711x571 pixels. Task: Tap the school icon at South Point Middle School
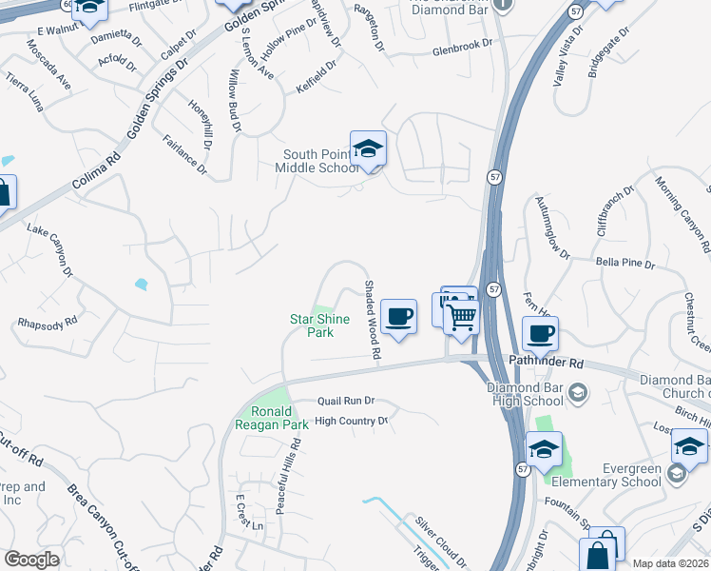click(x=368, y=149)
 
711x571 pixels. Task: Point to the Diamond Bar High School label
click(x=525, y=394)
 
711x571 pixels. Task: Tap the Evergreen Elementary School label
click(x=619, y=475)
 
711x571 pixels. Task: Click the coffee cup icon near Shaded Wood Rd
click(x=398, y=316)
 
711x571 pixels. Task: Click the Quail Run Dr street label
click(x=346, y=401)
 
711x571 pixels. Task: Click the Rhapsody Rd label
click(x=46, y=325)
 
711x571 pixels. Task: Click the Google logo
click(x=31, y=560)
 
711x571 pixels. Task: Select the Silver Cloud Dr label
click(x=436, y=539)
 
